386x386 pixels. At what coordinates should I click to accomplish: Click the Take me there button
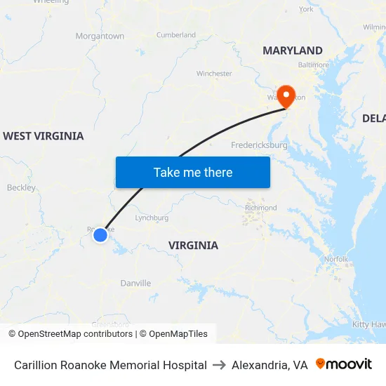point(193,172)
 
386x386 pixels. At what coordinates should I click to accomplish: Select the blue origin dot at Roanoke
point(100,235)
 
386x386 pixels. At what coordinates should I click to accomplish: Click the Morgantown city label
point(100,36)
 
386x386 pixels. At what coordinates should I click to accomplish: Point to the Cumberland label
point(176,34)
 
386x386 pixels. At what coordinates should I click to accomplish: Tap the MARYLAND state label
point(293,51)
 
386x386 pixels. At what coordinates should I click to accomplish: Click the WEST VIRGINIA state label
point(43,136)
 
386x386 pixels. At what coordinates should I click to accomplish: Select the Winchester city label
point(214,73)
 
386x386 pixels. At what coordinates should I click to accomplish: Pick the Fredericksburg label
point(259,145)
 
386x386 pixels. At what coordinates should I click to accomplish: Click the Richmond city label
point(261,208)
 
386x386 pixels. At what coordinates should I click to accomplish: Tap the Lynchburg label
point(151,218)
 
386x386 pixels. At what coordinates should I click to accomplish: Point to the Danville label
point(135,284)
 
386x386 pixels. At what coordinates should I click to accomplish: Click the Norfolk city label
point(336,259)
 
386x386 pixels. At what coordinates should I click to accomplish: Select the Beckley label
point(21,187)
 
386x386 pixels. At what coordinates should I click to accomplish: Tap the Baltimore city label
point(313,65)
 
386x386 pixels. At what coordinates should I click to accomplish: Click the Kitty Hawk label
point(368,324)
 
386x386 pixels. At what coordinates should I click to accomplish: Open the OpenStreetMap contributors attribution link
point(75,334)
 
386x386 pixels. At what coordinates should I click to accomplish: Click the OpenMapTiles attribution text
point(178,334)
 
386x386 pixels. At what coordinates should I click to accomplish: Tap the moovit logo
point(344,364)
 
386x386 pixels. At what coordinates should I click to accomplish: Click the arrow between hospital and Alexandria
point(219,365)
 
